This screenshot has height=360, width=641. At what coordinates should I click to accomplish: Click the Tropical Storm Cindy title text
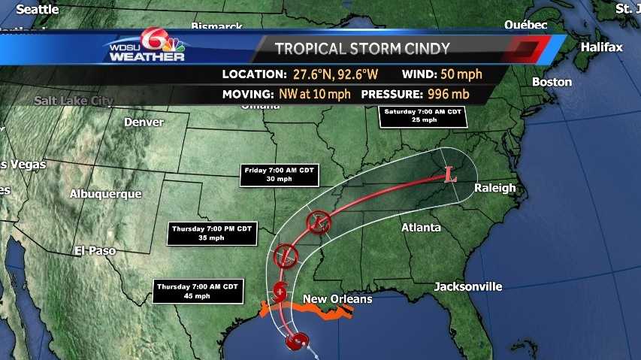362,50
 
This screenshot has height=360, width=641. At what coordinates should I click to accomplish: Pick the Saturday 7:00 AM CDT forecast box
422,116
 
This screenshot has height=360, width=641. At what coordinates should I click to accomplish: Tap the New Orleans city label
337,299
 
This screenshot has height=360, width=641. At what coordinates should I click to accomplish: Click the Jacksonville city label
468,286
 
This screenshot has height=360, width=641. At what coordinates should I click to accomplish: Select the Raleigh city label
495,188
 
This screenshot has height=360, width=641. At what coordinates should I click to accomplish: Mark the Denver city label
144,122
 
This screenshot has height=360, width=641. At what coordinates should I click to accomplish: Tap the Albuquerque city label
105,194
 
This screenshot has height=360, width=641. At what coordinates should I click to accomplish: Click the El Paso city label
95,250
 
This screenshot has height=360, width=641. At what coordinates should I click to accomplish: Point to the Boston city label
552,82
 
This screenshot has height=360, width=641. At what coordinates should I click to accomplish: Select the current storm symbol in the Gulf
297,341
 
